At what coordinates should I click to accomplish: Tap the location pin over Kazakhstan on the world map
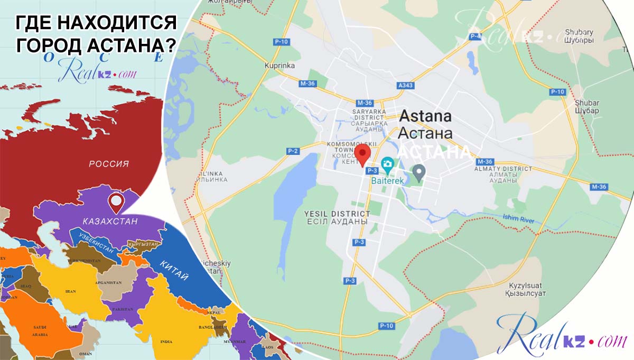pyautogui.click(x=116, y=202)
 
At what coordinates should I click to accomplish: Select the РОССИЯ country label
pyautogui.click(x=109, y=164)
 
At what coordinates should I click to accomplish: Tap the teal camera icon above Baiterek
pyautogui.click(x=388, y=164)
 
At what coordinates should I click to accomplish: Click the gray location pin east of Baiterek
pyautogui.click(x=419, y=172)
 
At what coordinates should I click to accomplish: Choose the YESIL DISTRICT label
pyautogui.click(x=337, y=217)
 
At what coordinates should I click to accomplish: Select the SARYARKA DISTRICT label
pyautogui.click(x=369, y=120)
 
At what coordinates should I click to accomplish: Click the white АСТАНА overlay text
pyautogui.click(x=433, y=152)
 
